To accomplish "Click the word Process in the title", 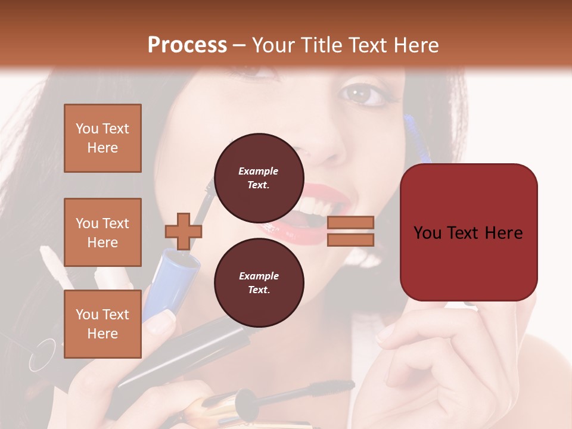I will coord(187,45).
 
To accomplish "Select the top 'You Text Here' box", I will coord(102,138).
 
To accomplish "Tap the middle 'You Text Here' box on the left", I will coord(102,232).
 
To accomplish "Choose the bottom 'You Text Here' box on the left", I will coord(102,324).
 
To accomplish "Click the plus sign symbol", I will coord(183,232).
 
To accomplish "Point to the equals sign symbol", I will coord(350,231).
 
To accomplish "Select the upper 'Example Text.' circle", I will coord(259,178).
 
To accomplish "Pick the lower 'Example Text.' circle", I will coord(259,282).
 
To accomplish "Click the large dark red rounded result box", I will coord(468,232).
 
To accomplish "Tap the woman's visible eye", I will coord(362,94).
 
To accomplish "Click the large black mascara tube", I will coord(179,357).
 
